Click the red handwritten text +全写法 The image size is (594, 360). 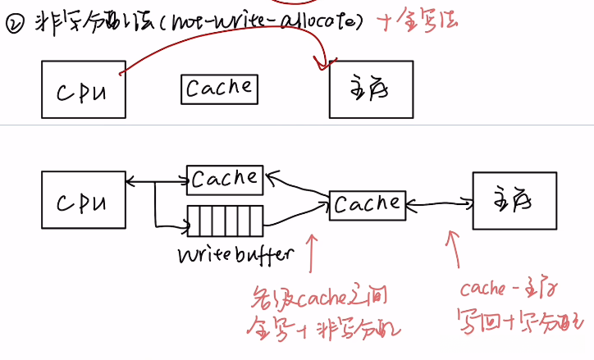pos(417,24)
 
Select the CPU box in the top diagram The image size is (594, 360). pos(84,89)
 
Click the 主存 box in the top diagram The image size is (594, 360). pos(371,89)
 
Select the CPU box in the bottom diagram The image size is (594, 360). pos(84,199)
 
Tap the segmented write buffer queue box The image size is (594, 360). pos(226,221)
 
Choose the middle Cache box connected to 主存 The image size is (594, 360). pos(366,203)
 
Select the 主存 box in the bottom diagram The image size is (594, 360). pos(514,200)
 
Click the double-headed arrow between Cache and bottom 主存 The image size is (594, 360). pos(438,202)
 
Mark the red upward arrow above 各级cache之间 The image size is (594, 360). pos(311,253)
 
